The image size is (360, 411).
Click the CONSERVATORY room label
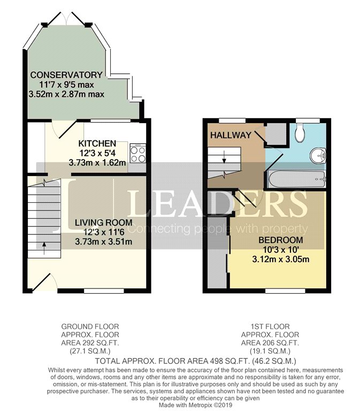point(66,75)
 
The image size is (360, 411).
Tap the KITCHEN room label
point(97,143)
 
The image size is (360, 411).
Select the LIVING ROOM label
point(103,223)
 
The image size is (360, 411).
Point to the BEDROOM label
point(281,240)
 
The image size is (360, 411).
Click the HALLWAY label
point(231,135)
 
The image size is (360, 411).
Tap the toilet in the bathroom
point(300,133)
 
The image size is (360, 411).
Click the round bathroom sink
point(318,155)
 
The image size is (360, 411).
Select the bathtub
point(296,179)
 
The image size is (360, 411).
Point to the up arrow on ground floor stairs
point(44,248)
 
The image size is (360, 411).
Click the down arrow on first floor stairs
point(224,156)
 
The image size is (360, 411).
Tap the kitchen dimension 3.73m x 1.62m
point(97,163)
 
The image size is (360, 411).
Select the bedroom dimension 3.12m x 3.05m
point(281,259)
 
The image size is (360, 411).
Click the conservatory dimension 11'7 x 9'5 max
point(66,85)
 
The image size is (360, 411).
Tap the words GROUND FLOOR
point(90,326)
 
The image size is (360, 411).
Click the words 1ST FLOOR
point(270,326)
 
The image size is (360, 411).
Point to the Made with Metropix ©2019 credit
point(195,405)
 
